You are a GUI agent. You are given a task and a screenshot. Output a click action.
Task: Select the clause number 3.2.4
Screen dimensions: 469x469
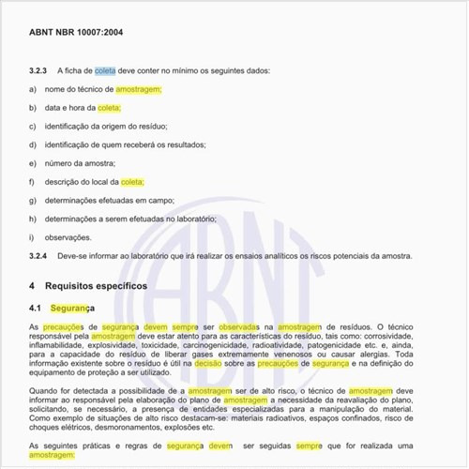coord(39,255)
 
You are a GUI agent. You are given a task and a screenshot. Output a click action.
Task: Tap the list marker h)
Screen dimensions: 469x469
coord(33,219)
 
